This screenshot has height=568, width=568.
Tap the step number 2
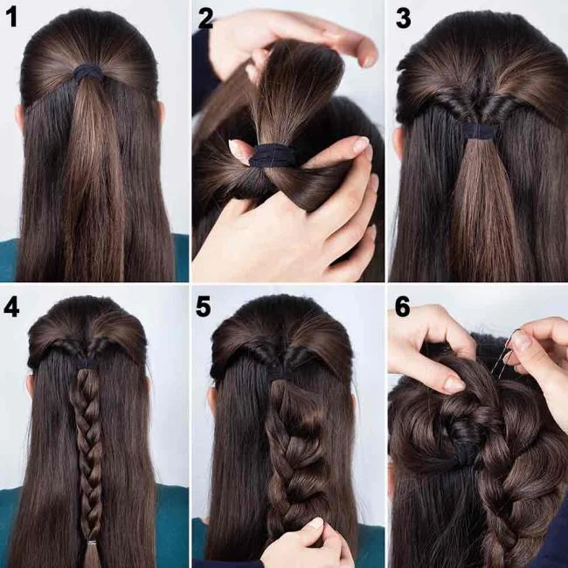pyautogui.click(x=206, y=19)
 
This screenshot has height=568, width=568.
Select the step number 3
pyautogui.click(x=404, y=19)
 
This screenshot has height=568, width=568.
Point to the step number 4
pyautogui.click(x=12, y=307)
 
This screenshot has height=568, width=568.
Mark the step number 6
pyautogui.click(x=403, y=307)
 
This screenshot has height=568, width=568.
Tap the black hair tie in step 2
pyautogui.click(x=274, y=156)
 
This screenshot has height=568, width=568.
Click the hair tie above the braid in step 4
pyautogui.click(x=87, y=362)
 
